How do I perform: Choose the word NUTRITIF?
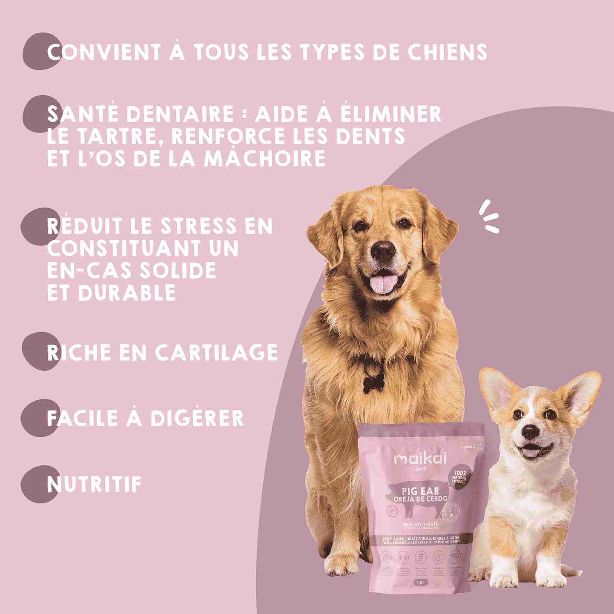point(94,485)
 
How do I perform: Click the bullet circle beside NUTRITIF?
point(39,484)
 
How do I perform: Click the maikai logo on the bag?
point(420,459)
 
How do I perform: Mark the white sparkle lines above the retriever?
point(490,216)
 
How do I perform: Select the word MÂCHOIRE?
point(265,158)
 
